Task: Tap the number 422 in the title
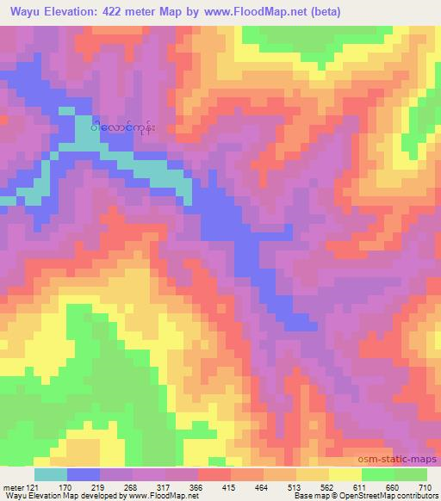105,12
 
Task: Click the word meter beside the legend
11,486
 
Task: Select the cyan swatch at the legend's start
51,474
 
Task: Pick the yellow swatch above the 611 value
345,474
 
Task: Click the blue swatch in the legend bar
84,474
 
